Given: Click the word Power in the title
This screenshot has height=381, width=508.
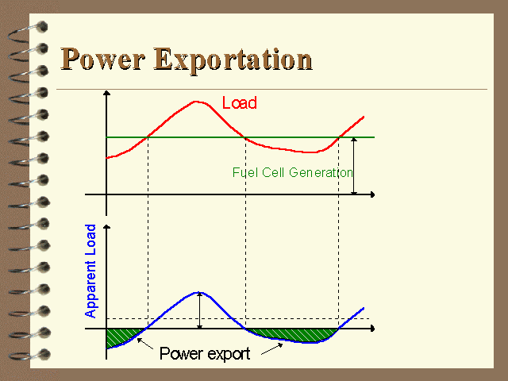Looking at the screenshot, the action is (x=102, y=59).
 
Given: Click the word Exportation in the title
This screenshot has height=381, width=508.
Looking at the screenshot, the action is (x=233, y=60).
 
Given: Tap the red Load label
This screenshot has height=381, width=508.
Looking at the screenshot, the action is (x=240, y=102).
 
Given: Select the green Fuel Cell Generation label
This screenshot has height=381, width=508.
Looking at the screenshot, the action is (x=293, y=172).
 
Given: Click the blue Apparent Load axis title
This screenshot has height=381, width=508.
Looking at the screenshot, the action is (x=90, y=271).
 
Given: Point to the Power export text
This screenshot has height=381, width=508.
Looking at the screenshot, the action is (x=205, y=353).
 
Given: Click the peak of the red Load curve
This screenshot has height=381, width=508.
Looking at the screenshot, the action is (x=196, y=102).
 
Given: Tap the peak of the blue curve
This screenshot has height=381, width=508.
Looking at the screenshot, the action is (x=198, y=293).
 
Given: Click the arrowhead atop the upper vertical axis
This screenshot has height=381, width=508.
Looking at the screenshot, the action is (x=106, y=93).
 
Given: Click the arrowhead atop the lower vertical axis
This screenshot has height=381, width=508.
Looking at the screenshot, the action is (x=106, y=226).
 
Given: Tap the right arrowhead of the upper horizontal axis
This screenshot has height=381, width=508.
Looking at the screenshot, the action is (x=372, y=194).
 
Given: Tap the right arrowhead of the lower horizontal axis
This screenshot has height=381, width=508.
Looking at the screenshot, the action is (x=372, y=329).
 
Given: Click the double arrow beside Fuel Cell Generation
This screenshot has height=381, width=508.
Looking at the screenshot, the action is (x=354, y=166).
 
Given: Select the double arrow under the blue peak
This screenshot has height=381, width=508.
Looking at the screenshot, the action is (x=199, y=310).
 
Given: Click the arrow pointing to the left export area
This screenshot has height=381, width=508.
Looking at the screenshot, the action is (x=144, y=344).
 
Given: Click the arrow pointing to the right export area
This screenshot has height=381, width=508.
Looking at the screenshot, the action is (x=271, y=349).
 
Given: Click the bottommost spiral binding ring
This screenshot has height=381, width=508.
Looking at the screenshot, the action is (x=29, y=355).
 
